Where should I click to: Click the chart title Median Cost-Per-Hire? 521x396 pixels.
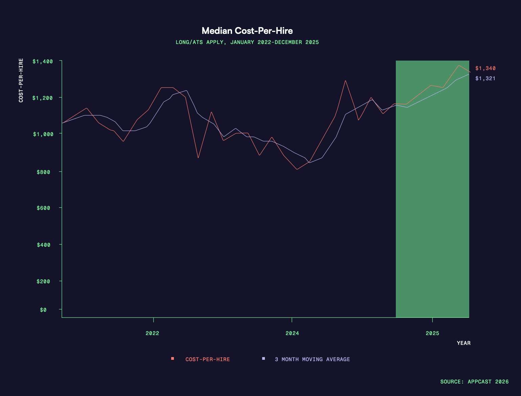click(x=247, y=31)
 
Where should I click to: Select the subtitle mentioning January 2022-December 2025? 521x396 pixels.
click(x=247, y=42)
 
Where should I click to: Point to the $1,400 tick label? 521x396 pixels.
click(x=43, y=61)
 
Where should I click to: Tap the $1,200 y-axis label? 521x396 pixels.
click(x=43, y=98)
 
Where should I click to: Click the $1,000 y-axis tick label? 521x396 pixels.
click(x=43, y=134)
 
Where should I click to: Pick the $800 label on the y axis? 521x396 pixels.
click(x=43, y=172)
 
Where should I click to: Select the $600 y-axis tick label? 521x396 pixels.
click(x=43, y=208)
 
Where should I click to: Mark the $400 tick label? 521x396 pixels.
click(x=43, y=245)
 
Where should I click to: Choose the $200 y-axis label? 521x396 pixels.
click(x=43, y=281)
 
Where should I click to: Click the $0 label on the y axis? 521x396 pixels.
click(x=43, y=310)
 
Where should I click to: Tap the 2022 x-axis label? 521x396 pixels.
click(x=152, y=333)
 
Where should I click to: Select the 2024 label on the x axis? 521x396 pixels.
click(x=292, y=333)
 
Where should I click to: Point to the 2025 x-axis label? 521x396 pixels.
click(x=432, y=333)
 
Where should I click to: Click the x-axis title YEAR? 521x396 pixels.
click(x=463, y=343)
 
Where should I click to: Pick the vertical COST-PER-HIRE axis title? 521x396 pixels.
click(x=21, y=81)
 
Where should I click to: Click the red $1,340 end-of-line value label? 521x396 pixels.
click(x=485, y=68)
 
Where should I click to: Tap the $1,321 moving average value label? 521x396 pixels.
click(x=485, y=79)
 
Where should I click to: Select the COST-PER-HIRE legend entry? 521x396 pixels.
click(x=207, y=359)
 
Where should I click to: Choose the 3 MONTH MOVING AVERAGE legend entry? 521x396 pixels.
click(x=312, y=359)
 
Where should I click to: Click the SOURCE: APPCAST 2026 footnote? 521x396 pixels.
click(x=474, y=382)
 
